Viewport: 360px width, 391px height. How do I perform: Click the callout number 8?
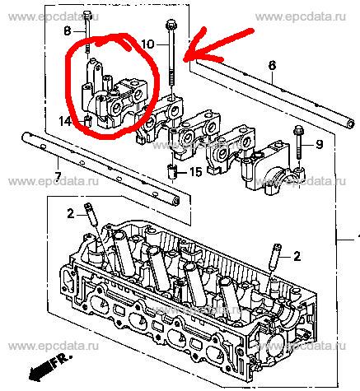(68, 31)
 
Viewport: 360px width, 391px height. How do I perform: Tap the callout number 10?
(148, 44)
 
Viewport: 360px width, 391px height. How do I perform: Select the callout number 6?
(272, 66)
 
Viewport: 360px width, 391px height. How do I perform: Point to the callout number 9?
(319, 144)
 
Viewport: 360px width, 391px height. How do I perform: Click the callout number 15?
(196, 172)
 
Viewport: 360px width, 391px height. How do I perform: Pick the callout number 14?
(65, 121)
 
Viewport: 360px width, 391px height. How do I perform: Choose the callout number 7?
(58, 175)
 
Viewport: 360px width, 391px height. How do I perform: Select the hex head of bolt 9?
(298, 129)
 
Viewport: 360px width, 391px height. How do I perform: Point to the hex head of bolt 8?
(87, 14)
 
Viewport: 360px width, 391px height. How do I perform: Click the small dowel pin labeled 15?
(172, 171)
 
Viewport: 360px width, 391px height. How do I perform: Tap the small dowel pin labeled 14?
(87, 121)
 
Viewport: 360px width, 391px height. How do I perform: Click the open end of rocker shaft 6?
(350, 123)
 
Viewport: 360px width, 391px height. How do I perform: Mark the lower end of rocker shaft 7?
(176, 202)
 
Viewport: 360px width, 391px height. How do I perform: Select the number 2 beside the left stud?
(71, 213)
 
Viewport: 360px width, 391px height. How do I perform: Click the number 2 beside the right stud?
(297, 256)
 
